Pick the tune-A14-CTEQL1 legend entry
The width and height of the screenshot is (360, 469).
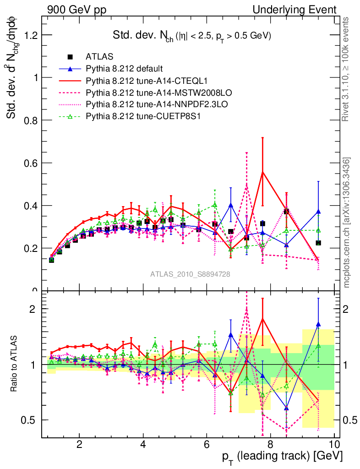134,81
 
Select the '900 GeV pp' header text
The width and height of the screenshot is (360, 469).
76,10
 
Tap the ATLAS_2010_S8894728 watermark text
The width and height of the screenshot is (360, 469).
190,274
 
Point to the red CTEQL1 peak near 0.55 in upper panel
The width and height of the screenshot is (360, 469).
262,172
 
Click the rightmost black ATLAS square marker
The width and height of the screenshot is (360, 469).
318,243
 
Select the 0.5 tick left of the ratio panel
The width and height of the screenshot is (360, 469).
32,420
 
